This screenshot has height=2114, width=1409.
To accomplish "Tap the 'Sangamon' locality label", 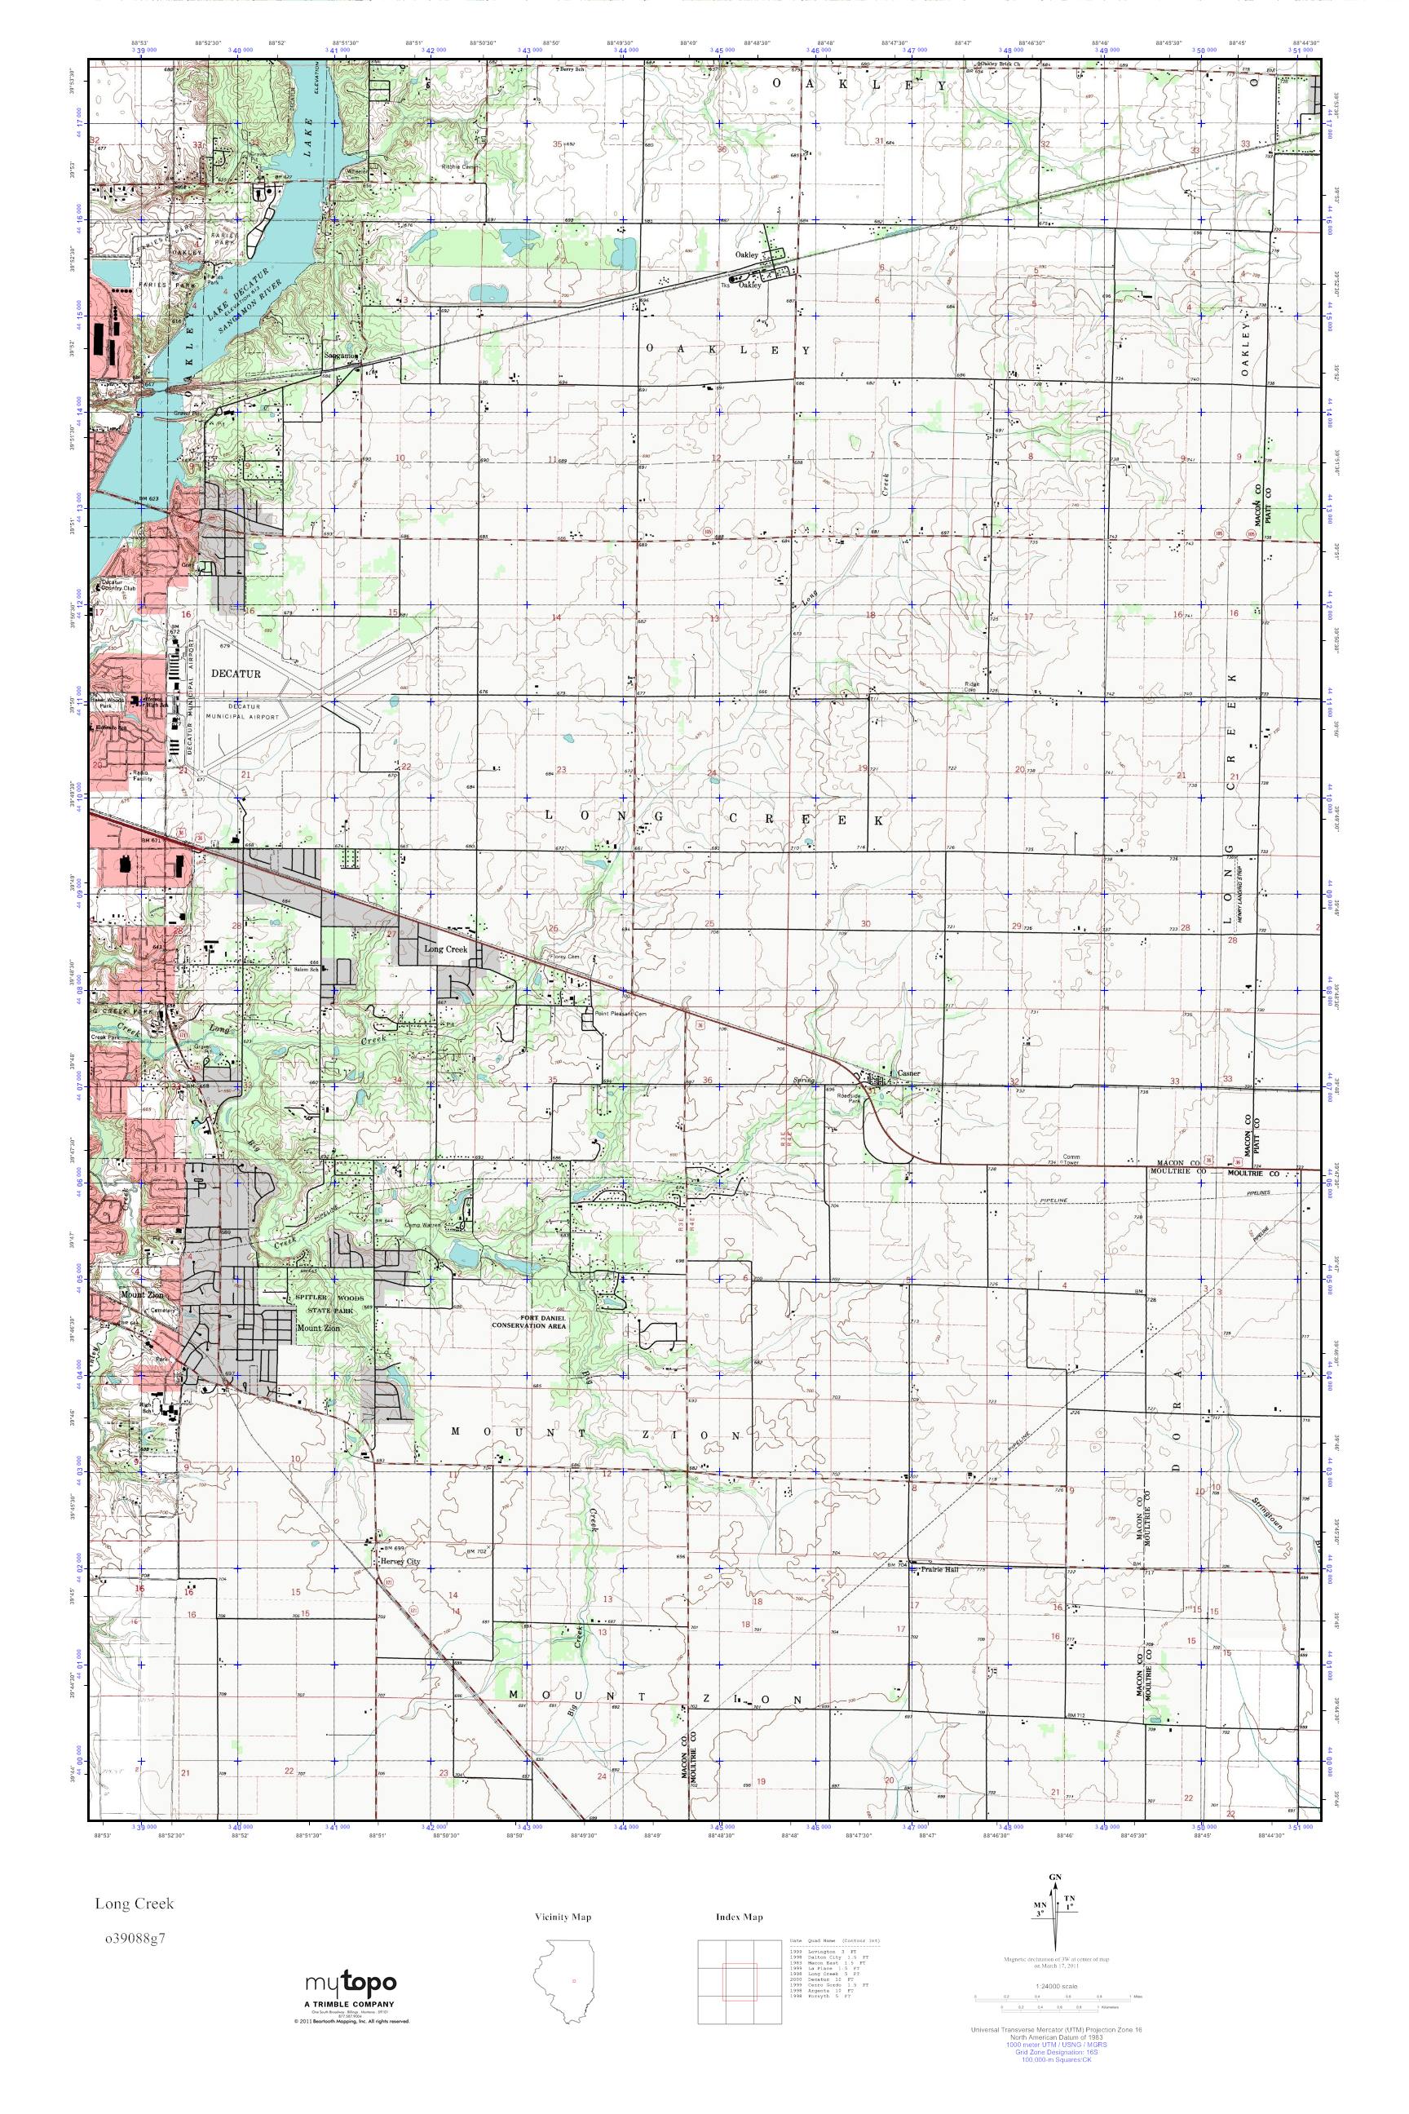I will coord(342,355).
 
